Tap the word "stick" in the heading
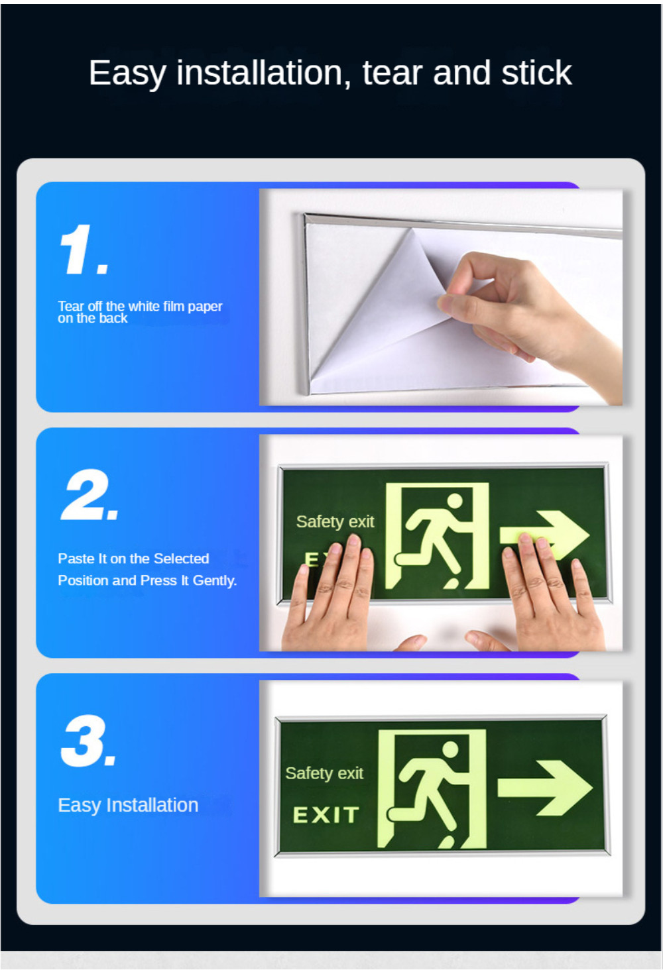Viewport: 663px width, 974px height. point(536,73)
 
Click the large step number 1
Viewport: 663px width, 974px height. point(82,250)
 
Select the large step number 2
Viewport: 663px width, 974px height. point(89,496)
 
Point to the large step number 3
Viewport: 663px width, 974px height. point(88,741)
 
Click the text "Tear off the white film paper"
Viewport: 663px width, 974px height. point(140,306)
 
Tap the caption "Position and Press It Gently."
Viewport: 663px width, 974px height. point(147,580)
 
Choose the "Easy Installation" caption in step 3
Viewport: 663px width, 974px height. point(128,805)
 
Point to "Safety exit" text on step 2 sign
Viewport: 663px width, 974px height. point(335,522)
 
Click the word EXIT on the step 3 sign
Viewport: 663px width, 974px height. point(326,815)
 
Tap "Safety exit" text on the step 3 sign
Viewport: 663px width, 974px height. point(324,773)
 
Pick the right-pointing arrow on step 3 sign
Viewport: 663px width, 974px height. point(545,787)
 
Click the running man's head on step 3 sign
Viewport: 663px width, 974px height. point(450,750)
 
